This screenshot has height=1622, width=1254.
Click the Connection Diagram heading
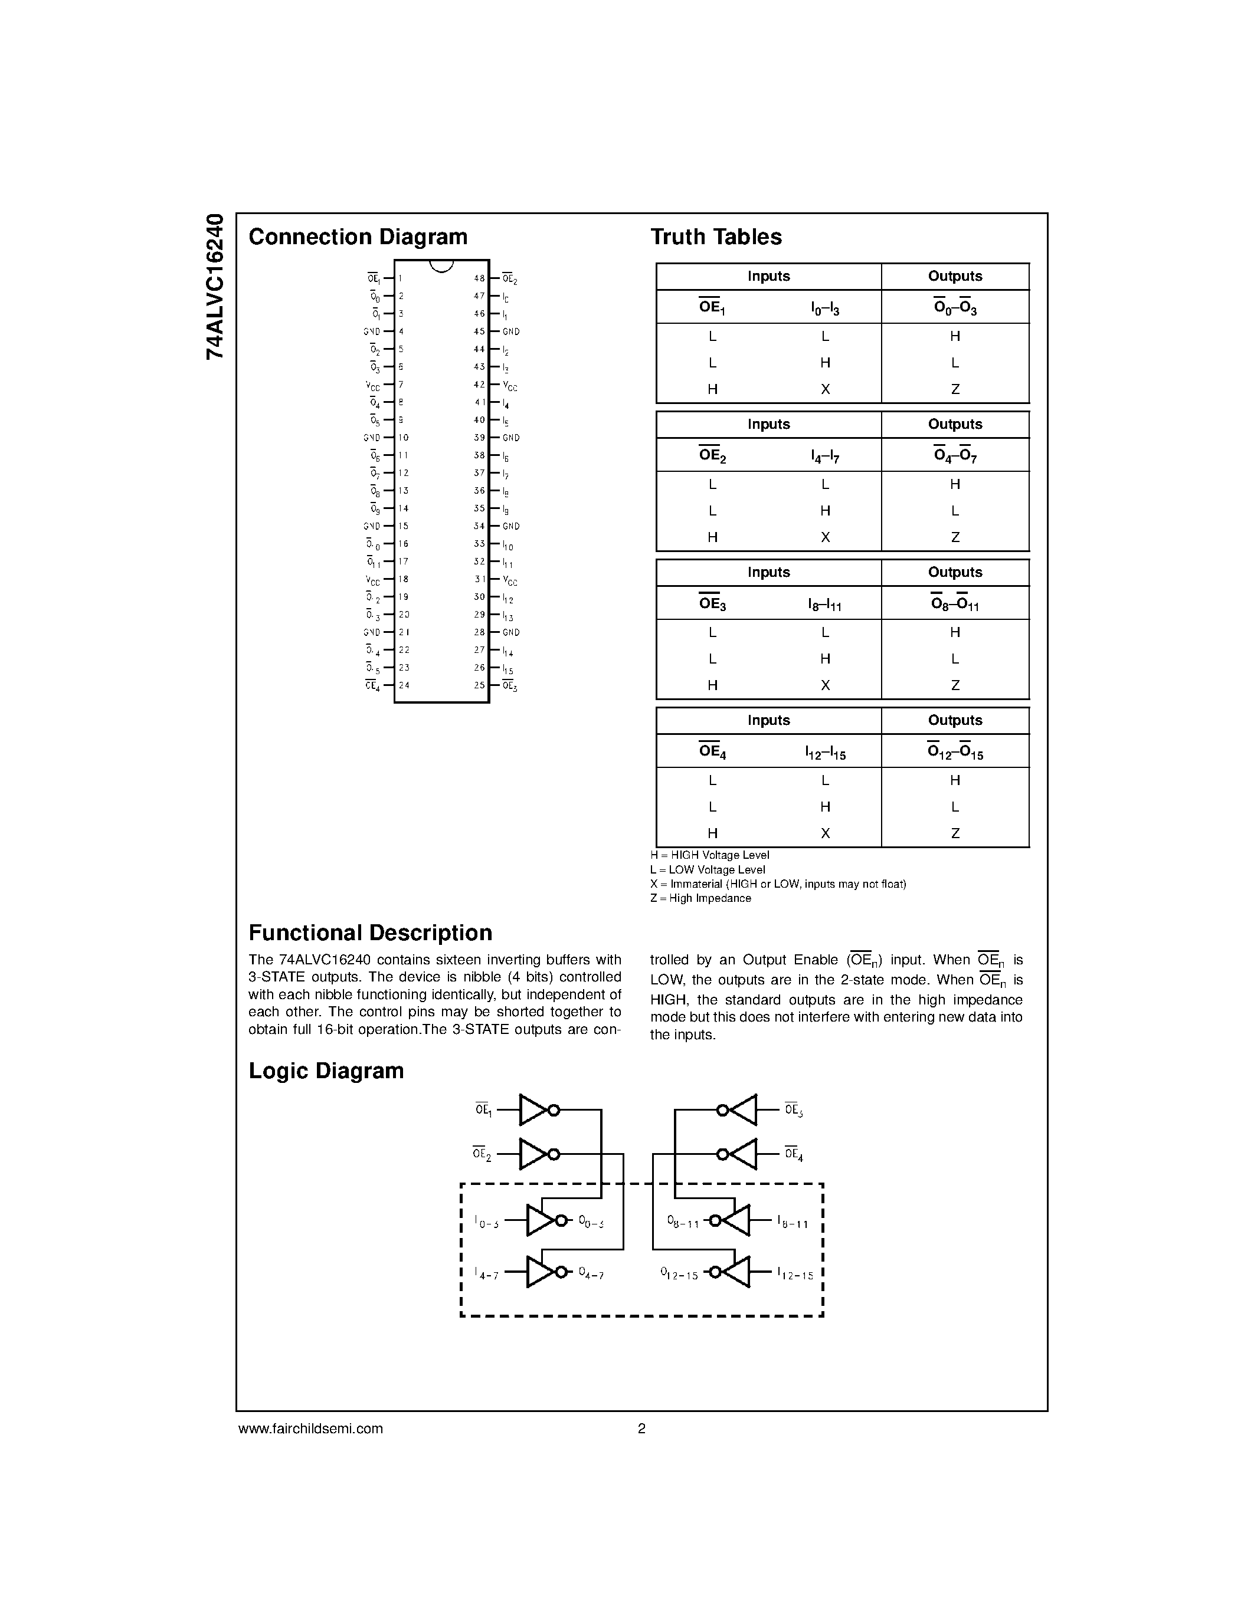(x=358, y=237)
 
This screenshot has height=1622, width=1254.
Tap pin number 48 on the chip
(x=479, y=278)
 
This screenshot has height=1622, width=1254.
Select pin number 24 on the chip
(x=404, y=685)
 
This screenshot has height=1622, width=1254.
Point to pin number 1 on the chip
(x=401, y=278)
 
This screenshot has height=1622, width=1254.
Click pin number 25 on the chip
(x=479, y=685)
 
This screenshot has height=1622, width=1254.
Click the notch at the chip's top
(x=441, y=266)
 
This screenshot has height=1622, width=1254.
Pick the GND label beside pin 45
(x=511, y=332)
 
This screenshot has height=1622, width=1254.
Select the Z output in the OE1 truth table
(x=955, y=389)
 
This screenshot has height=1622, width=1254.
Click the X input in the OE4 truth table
(x=824, y=833)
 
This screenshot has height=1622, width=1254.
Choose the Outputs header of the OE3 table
(x=955, y=573)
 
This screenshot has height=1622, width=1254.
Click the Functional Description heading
(x=370, y=933)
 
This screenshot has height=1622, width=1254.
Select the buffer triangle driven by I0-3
(x=540, y=1221)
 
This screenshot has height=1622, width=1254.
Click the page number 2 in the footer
(x=642, y=1428)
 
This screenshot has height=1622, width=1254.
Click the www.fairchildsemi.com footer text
(x=310, y=1428)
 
